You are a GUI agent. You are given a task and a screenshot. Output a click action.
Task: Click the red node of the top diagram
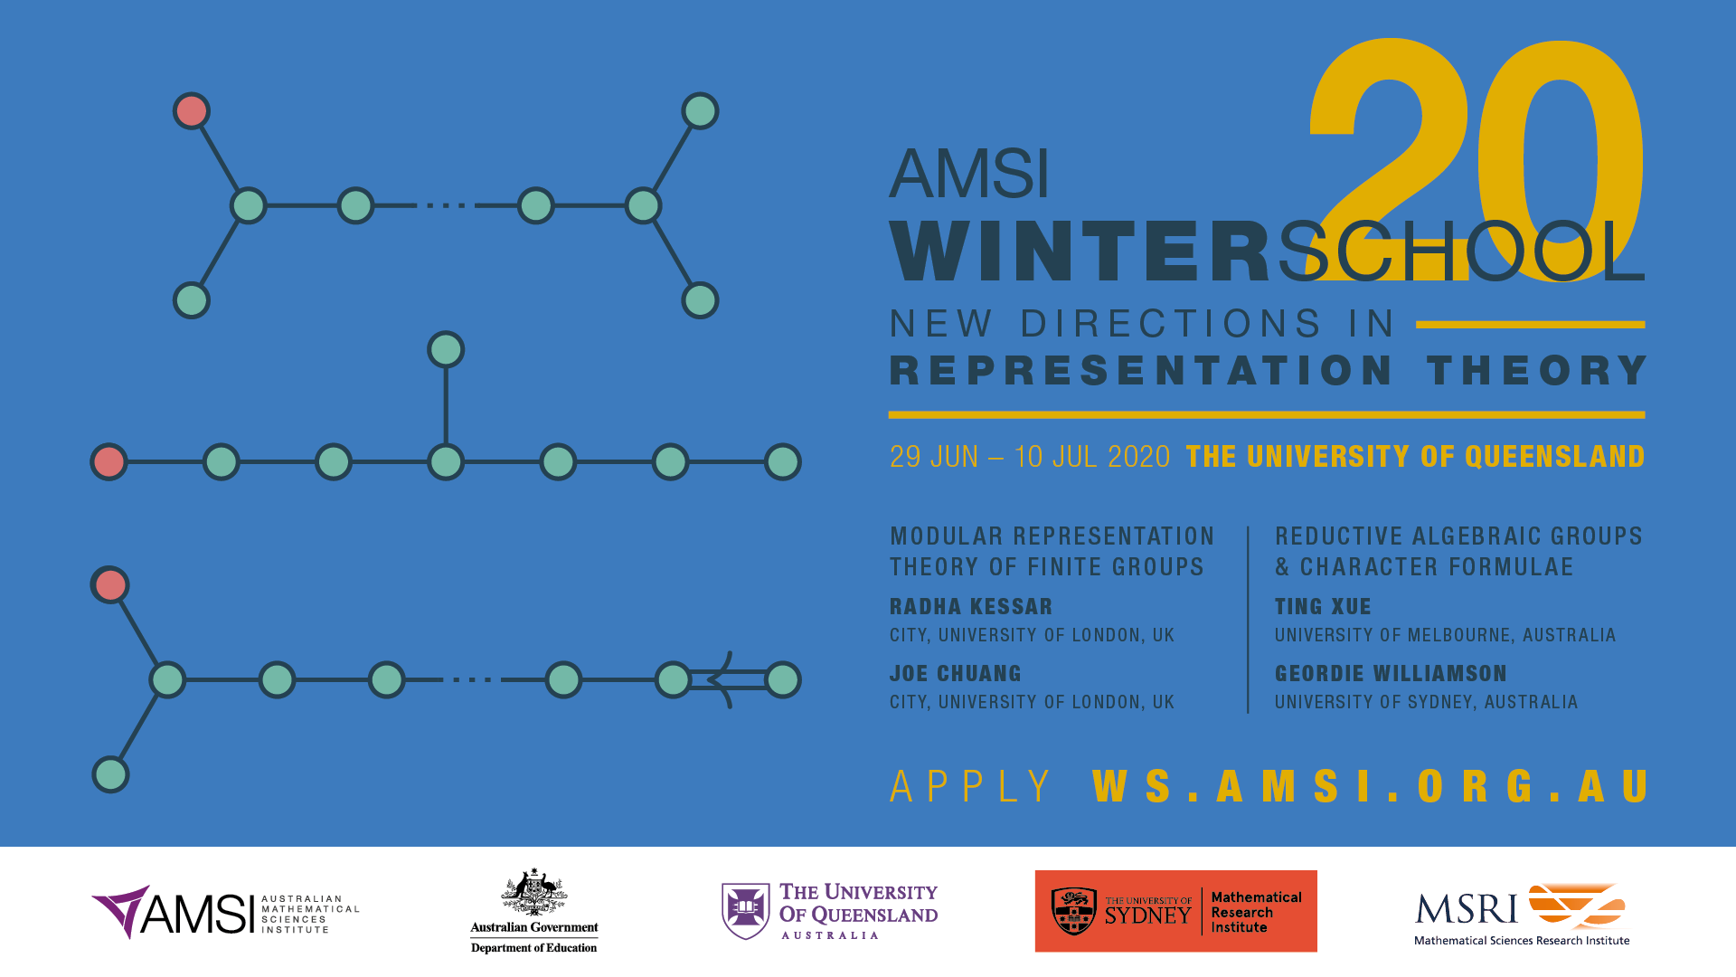coord(192,111)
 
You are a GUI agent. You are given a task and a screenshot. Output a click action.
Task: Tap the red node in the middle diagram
coord(109,462)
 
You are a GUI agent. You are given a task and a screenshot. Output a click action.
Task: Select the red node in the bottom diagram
coord(110,585)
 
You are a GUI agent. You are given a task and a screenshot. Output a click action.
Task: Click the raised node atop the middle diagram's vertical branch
coord(446,350)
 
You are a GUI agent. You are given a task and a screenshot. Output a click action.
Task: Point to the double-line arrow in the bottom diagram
coord(728,679)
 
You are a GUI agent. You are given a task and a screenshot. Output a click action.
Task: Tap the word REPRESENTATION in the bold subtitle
coord(1141,371)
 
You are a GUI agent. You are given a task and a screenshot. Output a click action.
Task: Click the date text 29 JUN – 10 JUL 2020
coord(1030,457)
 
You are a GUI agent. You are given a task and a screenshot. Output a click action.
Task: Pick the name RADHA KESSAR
coord(971,607)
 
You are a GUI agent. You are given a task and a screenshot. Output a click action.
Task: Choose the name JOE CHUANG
coord(956,674)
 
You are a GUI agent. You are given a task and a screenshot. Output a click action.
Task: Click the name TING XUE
coord(1323,607)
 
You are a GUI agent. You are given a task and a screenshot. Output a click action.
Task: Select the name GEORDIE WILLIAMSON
coord(1391,674)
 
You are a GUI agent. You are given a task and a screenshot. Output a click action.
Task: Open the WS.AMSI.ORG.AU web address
coord(1371,786)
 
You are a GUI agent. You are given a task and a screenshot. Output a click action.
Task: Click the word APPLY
coord(970,786)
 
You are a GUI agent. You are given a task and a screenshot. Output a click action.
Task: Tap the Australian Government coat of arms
coord(534,892)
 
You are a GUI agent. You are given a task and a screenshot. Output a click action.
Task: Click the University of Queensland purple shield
coord(745,911)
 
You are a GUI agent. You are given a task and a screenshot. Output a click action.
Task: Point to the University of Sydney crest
coord(1074,911)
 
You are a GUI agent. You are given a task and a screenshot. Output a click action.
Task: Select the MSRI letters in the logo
coord(1467,908)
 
